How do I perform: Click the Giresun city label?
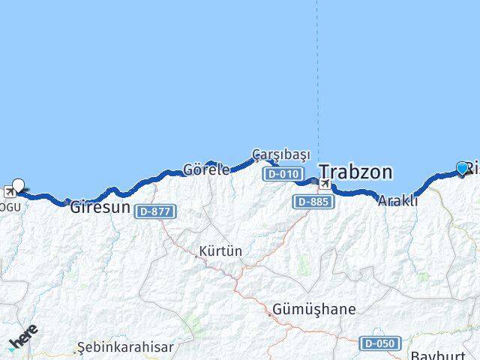(x=100, y=208)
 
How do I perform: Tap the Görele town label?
(x=206, y=169)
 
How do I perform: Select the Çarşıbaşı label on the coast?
(x=280, y=154)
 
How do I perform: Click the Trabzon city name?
(x=355, y=172)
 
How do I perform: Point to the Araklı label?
(x=397, y=201)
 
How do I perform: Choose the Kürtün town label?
(x=220, y=251)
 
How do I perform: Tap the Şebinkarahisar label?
(x=125, y=347)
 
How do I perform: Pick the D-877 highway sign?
(x=155, y=211)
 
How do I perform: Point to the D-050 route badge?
(x=379, y=343)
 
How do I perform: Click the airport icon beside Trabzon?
(x=325, y=184)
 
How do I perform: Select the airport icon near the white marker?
(x=10, y=192)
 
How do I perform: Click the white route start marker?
(x=18, y=184)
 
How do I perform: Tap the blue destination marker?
(x=462, y=168)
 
